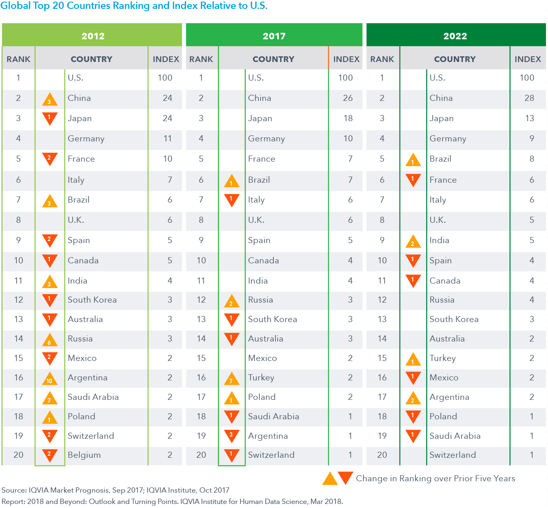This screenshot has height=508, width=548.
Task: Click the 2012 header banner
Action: click(x=93, y=36)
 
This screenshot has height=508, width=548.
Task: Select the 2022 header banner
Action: click(x=455, y=36)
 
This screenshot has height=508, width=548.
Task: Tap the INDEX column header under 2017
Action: click(x=346, y=59)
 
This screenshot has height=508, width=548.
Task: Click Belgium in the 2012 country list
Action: click(x=84, y=455)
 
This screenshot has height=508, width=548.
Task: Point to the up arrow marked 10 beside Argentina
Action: click(x=49, y=379)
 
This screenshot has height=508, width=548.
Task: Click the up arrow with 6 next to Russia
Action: click(x=49, y=340)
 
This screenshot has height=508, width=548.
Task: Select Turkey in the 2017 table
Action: click(x=261, y=378)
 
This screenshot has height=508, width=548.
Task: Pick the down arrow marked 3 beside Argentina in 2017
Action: click(x=231, y=435)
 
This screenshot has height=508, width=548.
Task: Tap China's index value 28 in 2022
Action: click(x=529, y=98)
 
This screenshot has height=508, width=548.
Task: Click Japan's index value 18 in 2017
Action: click(x=348, y=118)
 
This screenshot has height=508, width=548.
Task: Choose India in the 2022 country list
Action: click(x=439, y=240)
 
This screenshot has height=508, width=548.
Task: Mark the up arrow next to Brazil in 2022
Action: click(x=413, y=160)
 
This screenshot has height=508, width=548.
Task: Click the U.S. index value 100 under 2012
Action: click(x=165, y=78)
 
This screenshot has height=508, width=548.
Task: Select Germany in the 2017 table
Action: click(x=266, y=139)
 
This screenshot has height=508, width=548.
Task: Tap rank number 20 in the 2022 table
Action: click(x=382, y=455)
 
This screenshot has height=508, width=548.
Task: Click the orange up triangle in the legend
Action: click(x=330, y=479)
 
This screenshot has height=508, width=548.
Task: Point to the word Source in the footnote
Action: click(x=13, y=490)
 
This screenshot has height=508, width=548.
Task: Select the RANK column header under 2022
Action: click(x=382, y=59)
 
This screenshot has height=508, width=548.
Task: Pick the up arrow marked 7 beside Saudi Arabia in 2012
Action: click(x=49, y=399)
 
